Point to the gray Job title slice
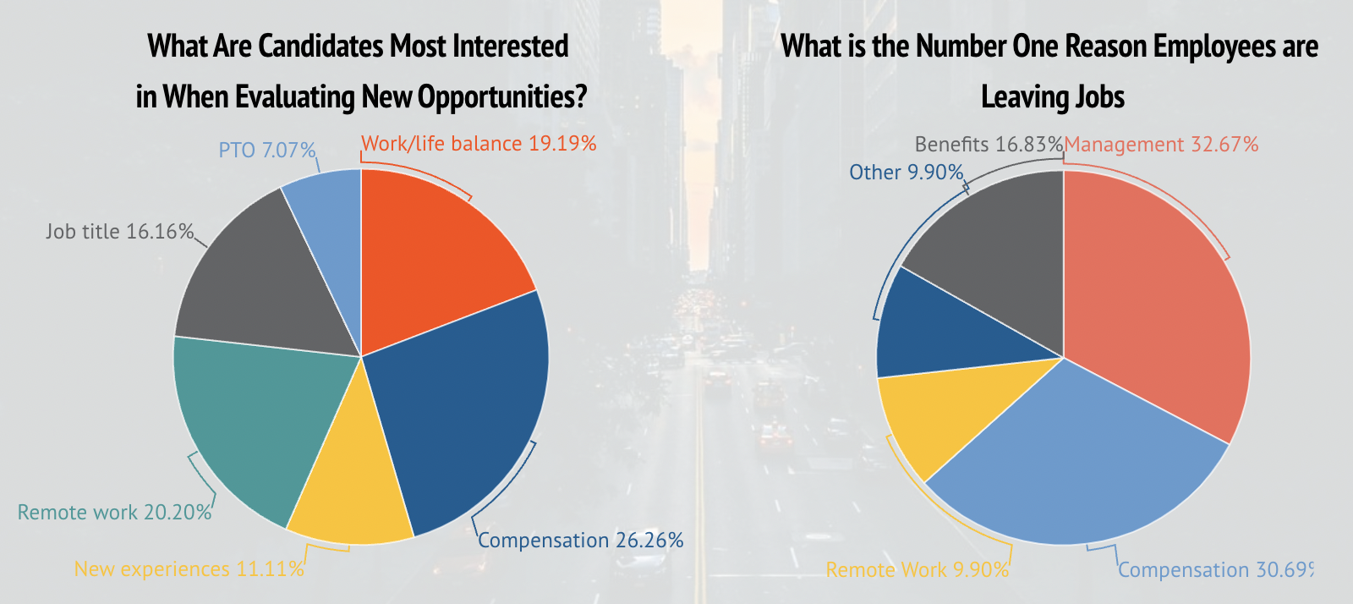(262, 279)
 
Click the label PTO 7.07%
(267, 151)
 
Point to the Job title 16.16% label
(120, 231)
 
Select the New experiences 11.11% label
(189, 569)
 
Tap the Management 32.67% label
(1161, 145)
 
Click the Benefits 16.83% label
(989, 145)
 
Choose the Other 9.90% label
(907, 173)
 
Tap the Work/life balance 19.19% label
(479, 144)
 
